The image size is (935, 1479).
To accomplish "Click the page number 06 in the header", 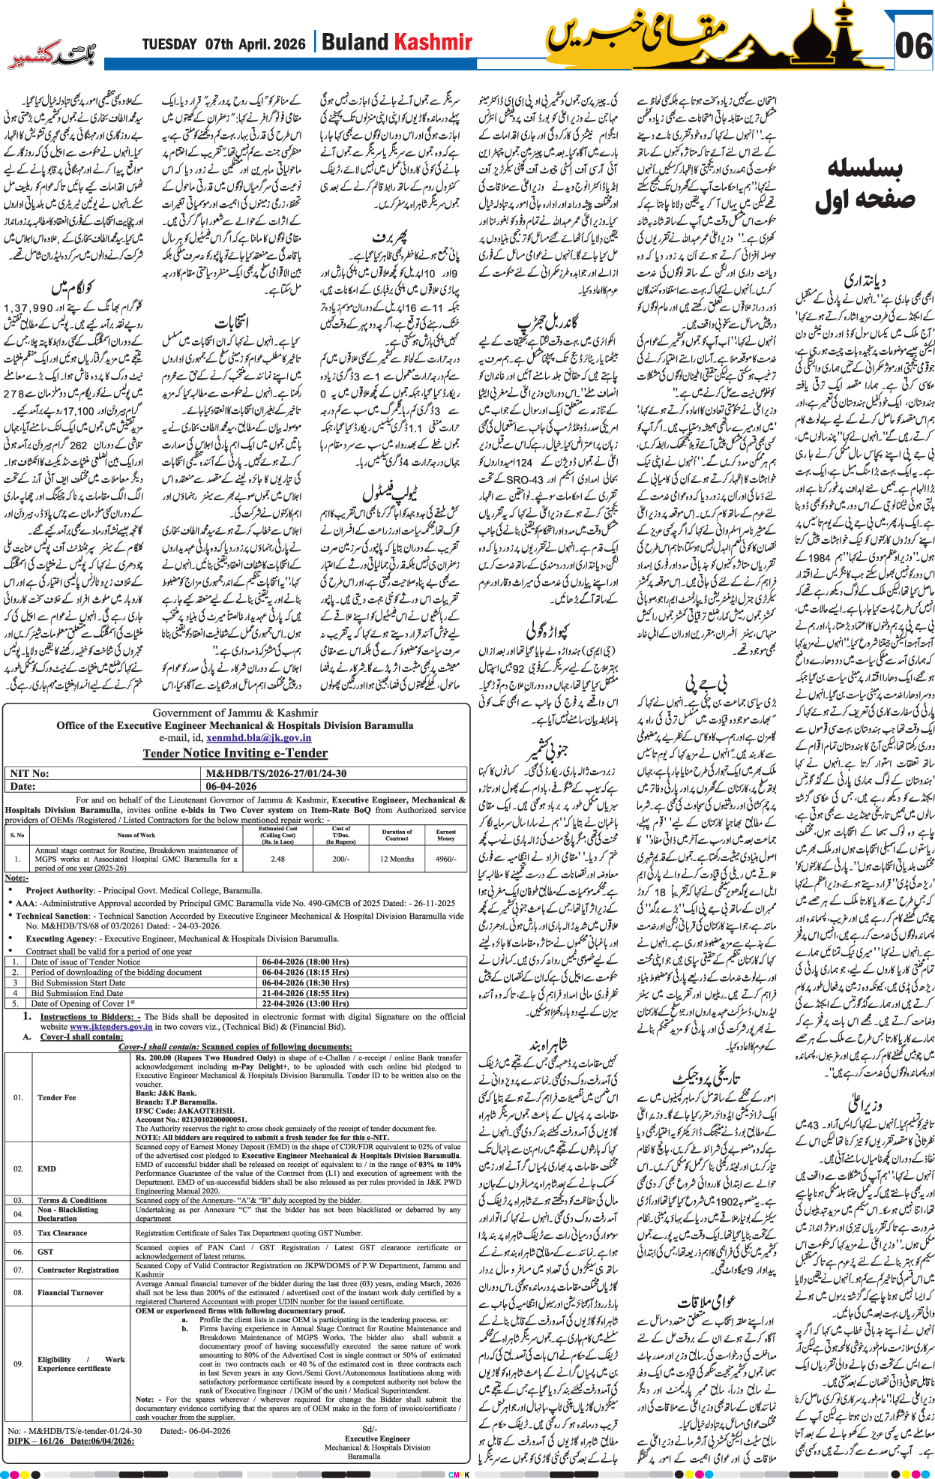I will [x=913, y=46].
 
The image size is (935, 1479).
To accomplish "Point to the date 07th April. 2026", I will [x=256, y=43].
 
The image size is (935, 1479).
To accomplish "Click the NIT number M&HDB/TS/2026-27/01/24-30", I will [x=276, y=773].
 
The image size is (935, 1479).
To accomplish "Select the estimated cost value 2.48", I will [x=277, y=859].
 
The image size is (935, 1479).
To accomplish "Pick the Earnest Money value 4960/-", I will [x=445, y=859].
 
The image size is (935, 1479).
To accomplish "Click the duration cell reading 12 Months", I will [x=397, y=859].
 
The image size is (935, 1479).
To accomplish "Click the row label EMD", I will [x=46, y=1168].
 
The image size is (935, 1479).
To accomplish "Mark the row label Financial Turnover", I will [x=70, y=1292].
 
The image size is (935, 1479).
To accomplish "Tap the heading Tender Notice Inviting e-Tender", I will [x=235, y=753].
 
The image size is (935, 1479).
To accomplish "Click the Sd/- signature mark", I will [x=369, y=1429].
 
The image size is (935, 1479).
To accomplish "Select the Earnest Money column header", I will [x=445, y=835].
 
